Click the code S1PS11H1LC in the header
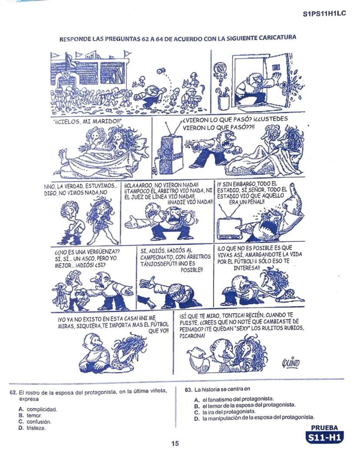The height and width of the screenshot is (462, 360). pos(324,13)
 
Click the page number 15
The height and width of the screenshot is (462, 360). pos(175,443)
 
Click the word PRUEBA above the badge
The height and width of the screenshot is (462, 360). pos(325,428)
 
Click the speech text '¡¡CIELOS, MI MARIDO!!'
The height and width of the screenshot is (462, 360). pos(87,122)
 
